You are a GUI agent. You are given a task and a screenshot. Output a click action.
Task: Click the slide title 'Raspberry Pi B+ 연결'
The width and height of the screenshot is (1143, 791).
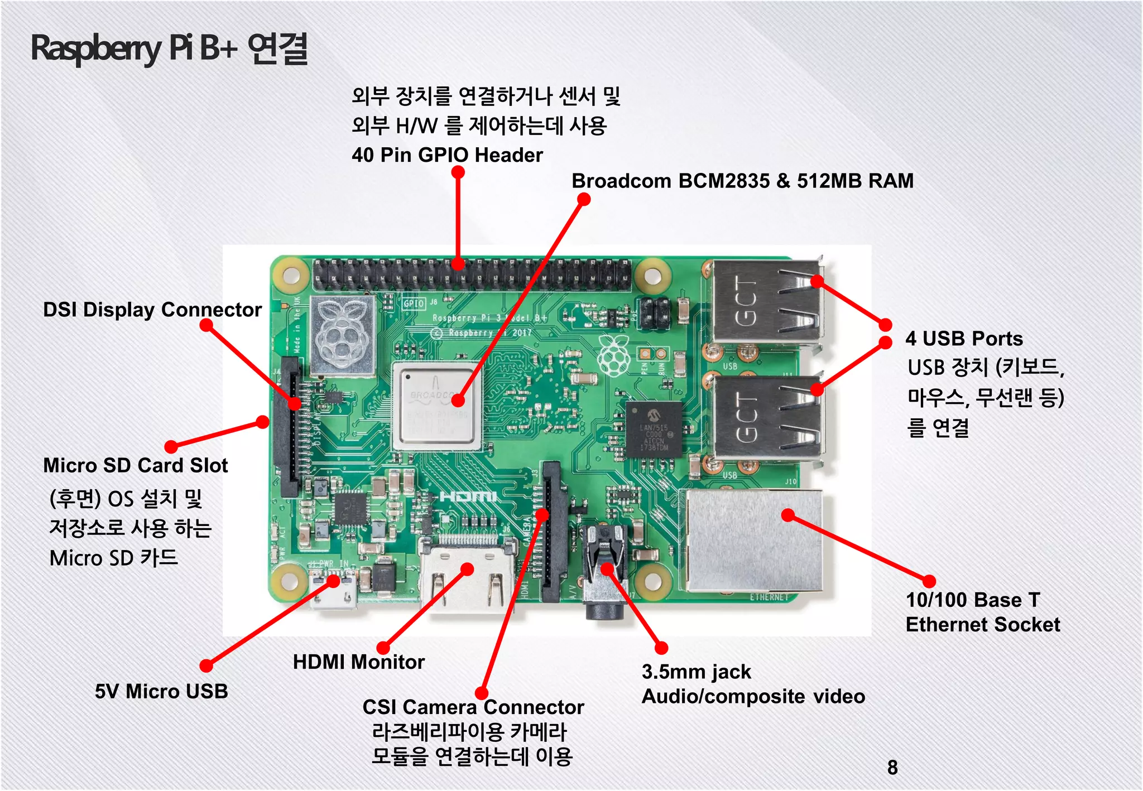(x=169, y=49)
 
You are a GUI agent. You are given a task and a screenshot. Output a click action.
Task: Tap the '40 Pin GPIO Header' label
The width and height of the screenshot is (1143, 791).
(x=446, y=155)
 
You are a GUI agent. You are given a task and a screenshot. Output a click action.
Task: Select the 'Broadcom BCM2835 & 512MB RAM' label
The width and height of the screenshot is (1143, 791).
(x=742, y=181)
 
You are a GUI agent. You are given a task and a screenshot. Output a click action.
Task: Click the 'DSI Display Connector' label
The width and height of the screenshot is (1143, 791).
(x=152, y=310)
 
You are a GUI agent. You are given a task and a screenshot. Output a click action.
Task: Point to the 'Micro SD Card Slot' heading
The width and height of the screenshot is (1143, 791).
(x=136, y=465)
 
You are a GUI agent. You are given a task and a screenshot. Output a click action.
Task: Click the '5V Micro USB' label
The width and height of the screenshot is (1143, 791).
(x=161, y=691)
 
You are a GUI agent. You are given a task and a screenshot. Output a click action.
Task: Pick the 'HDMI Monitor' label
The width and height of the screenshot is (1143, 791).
(x=358, y=662)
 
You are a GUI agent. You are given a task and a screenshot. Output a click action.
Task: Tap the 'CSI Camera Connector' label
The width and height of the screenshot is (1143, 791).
(x=473, y=707)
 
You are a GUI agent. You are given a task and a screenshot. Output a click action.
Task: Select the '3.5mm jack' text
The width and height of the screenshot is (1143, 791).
(x=696, y=672)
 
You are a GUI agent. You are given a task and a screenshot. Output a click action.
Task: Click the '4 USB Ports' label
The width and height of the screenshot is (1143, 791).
(x=964, y=339)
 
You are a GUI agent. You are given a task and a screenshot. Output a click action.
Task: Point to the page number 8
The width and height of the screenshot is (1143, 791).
(x=892, y=768)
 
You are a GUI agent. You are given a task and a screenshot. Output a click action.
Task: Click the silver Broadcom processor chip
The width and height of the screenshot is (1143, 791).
(x=437, y=406)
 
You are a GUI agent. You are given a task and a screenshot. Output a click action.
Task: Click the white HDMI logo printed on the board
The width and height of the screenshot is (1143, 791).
(x=468, y=496)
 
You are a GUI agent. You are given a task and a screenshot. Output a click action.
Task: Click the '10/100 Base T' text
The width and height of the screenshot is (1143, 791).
(x=973, y=600)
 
